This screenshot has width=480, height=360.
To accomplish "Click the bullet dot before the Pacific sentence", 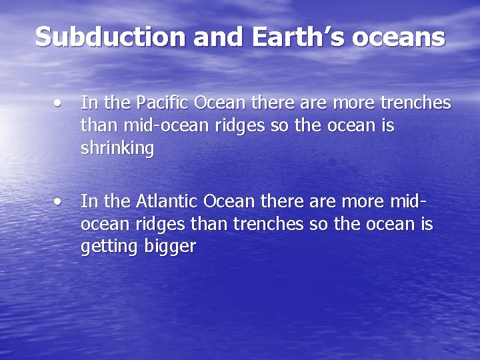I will coord(60,103).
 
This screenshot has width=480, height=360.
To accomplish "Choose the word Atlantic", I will coord(167,201).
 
